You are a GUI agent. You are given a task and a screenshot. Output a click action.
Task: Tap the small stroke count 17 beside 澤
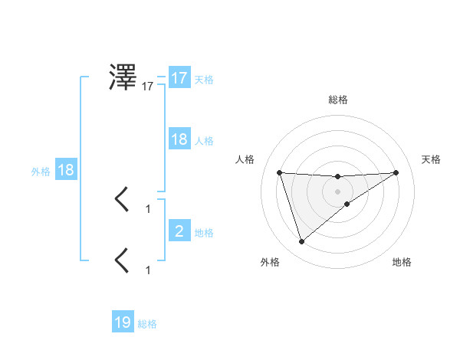click(x=147, y=87)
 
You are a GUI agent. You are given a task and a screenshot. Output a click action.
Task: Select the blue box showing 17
click(x=179, y=78)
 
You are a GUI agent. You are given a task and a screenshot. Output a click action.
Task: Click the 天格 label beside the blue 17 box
click(x=204, y=80)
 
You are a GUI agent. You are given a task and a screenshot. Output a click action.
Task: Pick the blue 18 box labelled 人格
click(x=179, y=139)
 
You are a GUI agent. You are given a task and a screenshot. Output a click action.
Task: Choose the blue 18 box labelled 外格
click(x=66, y=170)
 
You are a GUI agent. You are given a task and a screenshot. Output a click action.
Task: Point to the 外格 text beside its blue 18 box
click(x=41, y=172)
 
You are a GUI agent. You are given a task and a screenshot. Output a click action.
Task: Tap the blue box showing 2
click(x=179, y=231)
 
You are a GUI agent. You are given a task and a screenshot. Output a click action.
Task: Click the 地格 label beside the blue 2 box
click(x=204, y=233)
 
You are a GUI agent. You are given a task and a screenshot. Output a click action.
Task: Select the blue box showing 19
click(x=123, y=322)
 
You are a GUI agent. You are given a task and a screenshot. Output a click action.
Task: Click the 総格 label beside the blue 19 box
click(x=147, y=324)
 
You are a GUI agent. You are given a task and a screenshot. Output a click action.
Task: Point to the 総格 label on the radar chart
click(x=337, y=100)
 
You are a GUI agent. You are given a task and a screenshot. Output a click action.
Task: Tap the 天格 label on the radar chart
click(x=431, y=159)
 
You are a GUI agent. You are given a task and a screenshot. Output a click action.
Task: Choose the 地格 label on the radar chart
click(x=402, y=262)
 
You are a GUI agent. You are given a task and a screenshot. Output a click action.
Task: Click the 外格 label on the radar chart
click(x=270, y=262)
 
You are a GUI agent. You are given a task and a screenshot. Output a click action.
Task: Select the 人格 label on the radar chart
click(x=245, y=159)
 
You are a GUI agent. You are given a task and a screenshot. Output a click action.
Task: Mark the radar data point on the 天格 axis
click(x=396, y=172)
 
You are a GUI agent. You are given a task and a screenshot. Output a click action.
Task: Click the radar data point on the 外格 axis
click(x=301, y=242)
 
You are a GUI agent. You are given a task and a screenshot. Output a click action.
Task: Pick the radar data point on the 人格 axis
click(x=280, y=172)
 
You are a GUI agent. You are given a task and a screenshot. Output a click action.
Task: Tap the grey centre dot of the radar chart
click(x=337, y=191)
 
